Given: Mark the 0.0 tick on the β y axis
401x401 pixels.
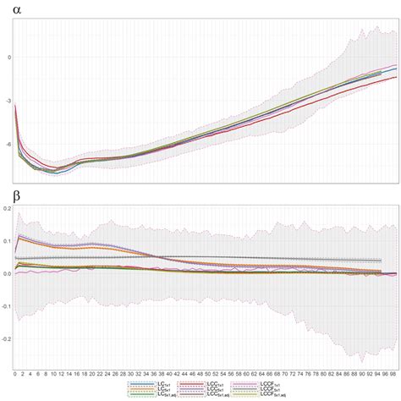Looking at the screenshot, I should point(6,273).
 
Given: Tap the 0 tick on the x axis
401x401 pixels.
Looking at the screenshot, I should point(15,373).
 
